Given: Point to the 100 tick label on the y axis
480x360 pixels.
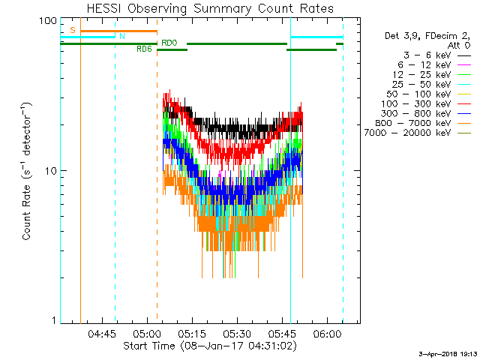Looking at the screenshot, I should [x=48, y=20].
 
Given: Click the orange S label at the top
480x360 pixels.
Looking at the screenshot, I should [x=73, y=29].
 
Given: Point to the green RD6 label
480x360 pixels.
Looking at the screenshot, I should [x=144, y=49].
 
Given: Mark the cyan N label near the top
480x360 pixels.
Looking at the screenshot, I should [x=121, y=36].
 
